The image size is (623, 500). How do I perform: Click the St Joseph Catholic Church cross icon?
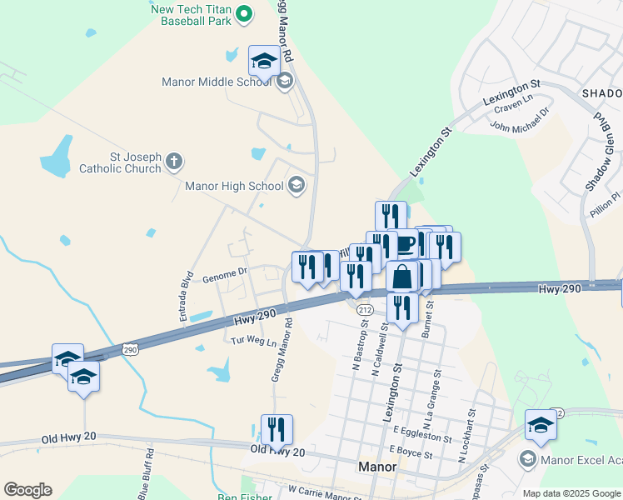(173, 161)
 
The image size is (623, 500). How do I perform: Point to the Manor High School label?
(234, 186)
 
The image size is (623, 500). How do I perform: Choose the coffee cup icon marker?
(405, 244)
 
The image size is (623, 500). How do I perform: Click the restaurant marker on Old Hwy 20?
(277, 430)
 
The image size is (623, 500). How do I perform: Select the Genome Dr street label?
(225, 272)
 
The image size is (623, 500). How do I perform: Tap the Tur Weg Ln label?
(253, 340)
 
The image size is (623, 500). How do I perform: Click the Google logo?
(27, 490)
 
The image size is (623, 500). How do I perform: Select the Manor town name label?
(376, 467)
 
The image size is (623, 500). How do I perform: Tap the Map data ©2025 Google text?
(571, 493)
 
